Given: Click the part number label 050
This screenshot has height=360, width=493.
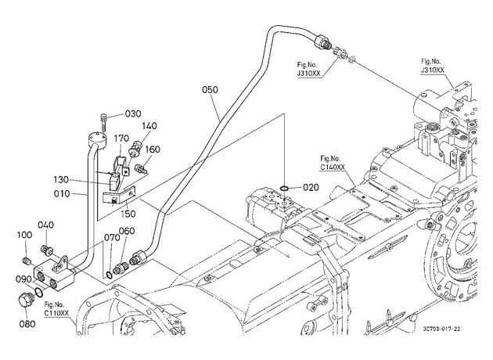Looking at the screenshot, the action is coord(210,90).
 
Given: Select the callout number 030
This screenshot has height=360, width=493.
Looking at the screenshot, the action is coord(133,113).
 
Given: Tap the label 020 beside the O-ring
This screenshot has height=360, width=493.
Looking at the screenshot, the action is coord(311,188).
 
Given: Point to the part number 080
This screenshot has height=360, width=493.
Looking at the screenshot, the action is coord(27,323).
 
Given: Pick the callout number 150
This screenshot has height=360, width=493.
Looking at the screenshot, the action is coord(128,214).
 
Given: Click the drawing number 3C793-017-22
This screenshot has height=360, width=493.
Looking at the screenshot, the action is coord(441,329).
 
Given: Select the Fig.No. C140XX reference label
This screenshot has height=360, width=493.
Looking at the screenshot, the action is coord(332,163).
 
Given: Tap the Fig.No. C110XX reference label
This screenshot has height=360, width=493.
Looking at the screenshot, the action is coord(56,309).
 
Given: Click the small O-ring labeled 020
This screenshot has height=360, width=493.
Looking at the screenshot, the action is coord(284,189).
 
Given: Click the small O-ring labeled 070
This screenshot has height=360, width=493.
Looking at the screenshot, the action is coord(109,275).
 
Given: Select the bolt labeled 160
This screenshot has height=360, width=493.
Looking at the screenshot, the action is coord(141,168).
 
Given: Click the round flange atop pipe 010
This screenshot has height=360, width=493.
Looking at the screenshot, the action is coord(95,140).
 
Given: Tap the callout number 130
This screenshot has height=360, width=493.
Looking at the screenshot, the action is coord(61,180).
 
